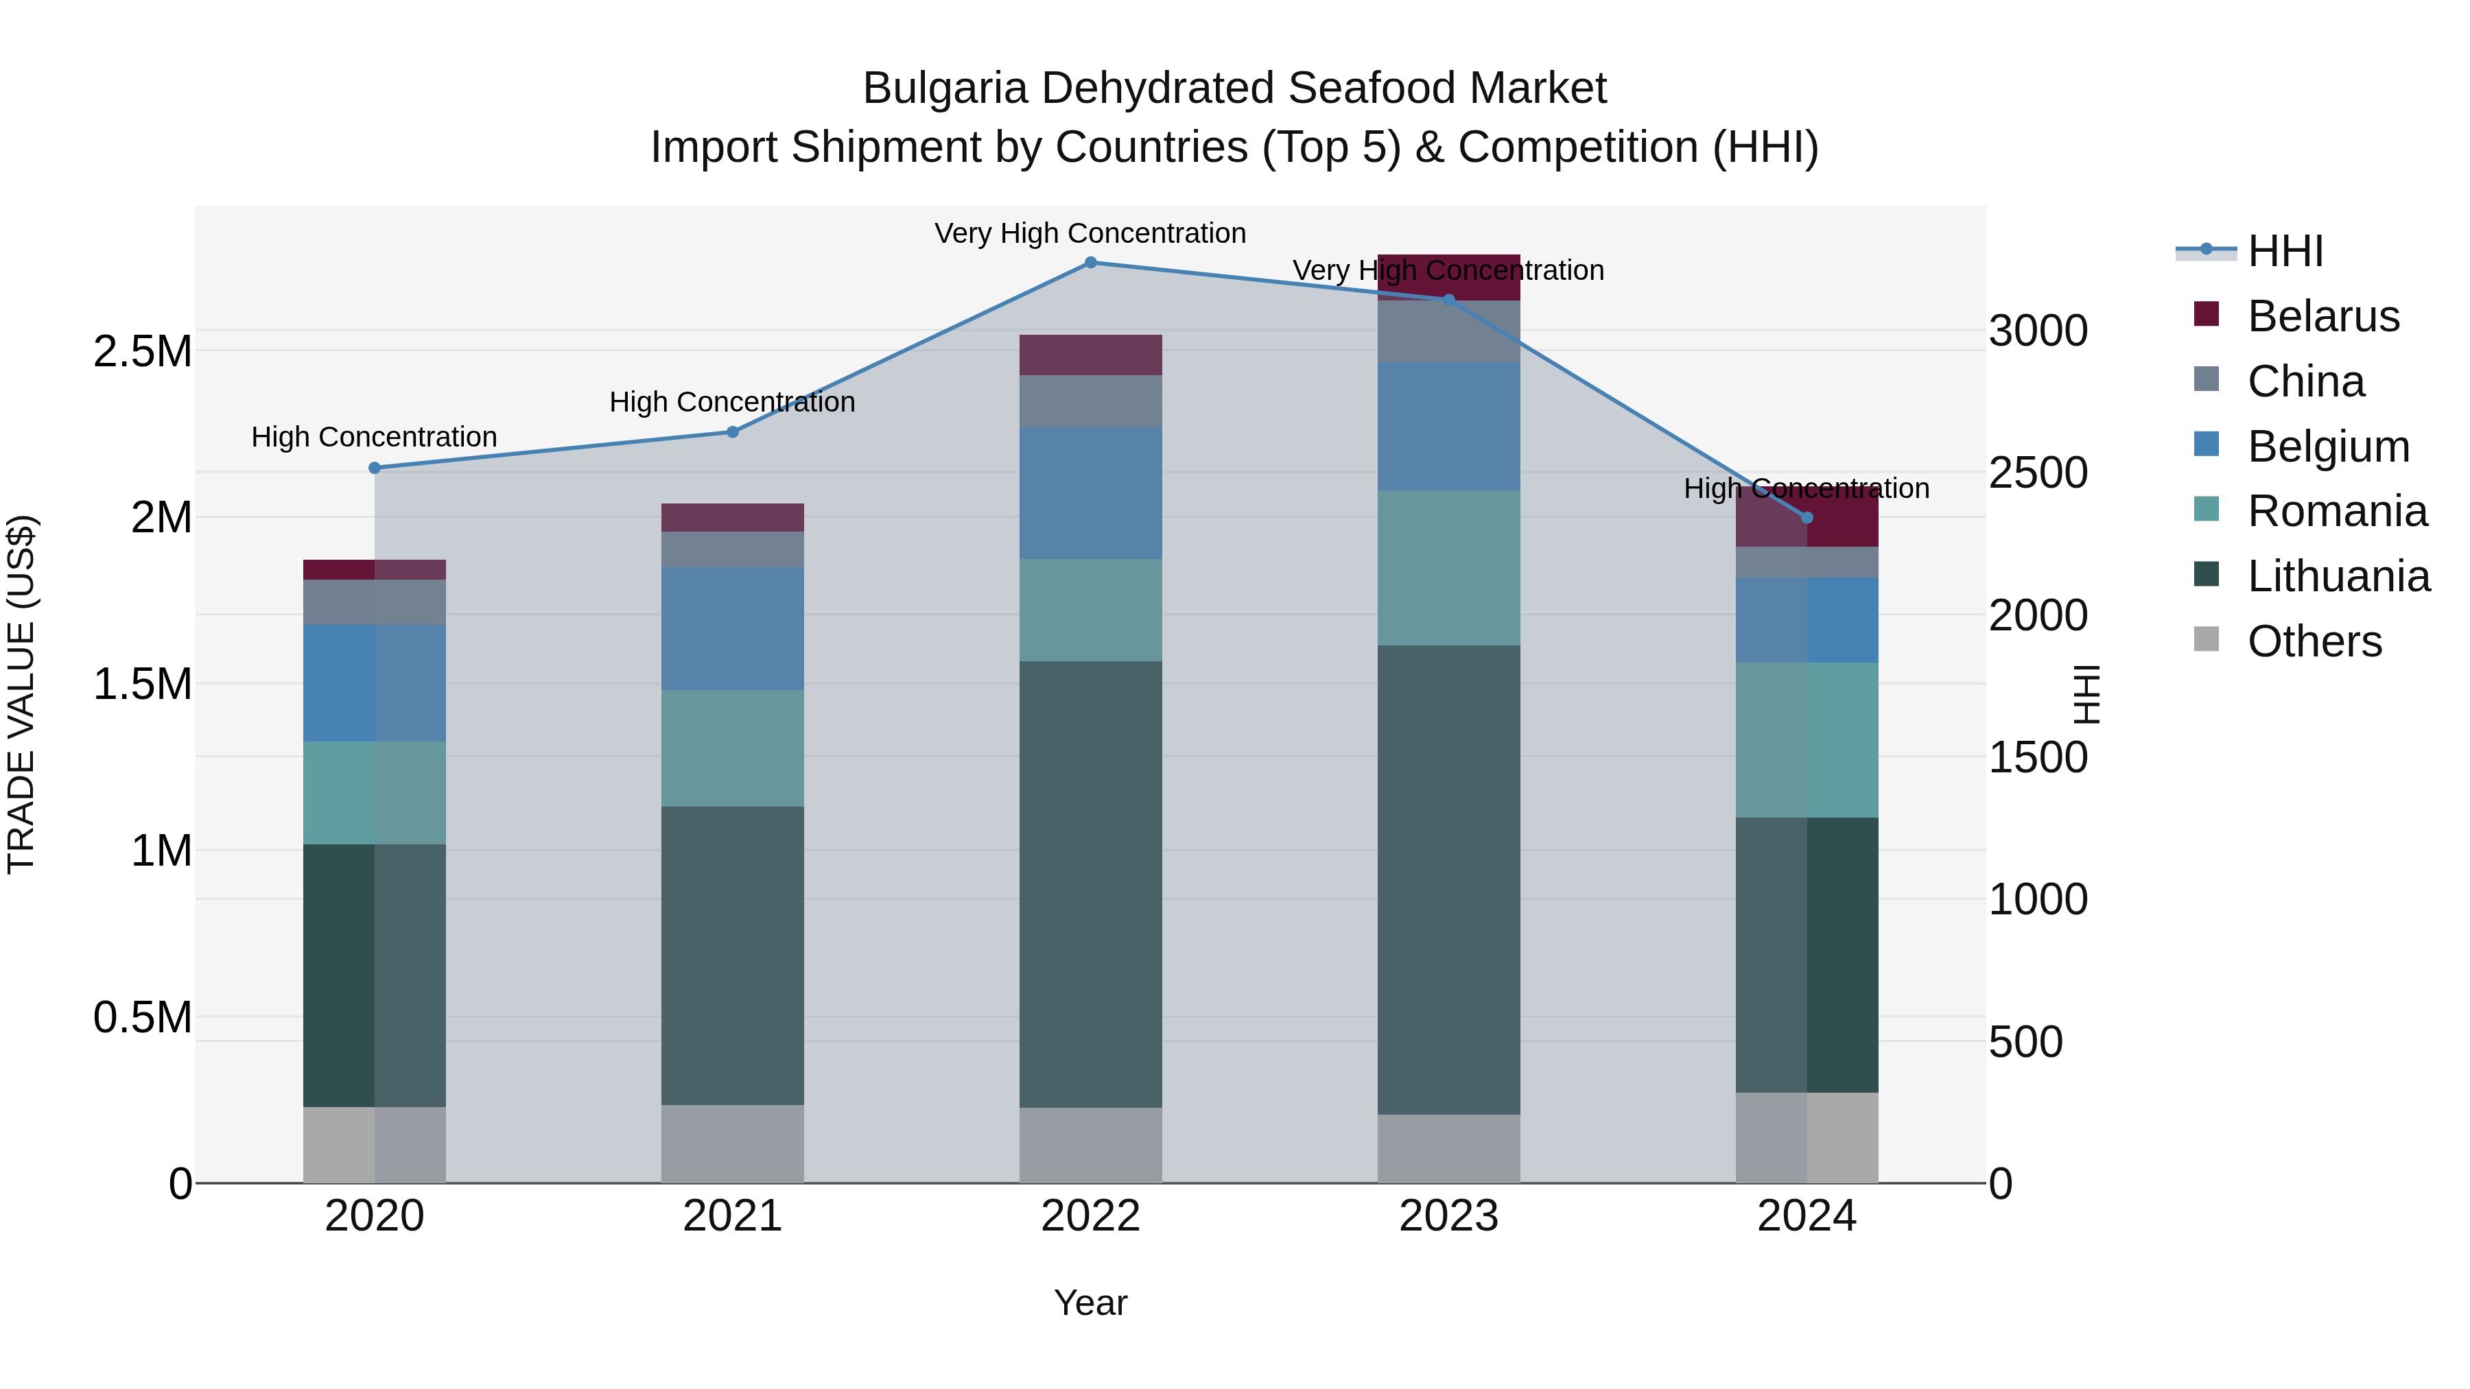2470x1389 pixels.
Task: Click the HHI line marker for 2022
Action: click(1090, 263)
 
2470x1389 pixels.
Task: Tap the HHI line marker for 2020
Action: click(375, 468)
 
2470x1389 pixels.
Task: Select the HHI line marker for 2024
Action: click(1807, 518)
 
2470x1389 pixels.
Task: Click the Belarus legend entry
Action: click(2322, 316)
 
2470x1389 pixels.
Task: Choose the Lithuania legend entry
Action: click(2338, 576)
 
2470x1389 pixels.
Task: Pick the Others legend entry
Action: click(2314, 641)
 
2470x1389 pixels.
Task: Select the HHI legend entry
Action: click(2285, 251)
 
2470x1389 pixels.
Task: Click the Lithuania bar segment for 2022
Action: click(1090, 884)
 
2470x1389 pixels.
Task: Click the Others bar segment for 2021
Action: click(733, 1143)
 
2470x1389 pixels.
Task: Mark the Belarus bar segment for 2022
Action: click(1090, 355)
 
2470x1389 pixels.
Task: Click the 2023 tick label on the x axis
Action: click(1448, 1216)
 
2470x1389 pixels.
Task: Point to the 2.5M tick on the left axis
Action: click(142, 352)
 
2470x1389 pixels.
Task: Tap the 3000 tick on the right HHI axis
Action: click(2038, 331)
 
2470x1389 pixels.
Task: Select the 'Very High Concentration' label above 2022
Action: click(1090, 233)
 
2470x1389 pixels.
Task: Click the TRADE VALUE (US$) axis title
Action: click(21, 694)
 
